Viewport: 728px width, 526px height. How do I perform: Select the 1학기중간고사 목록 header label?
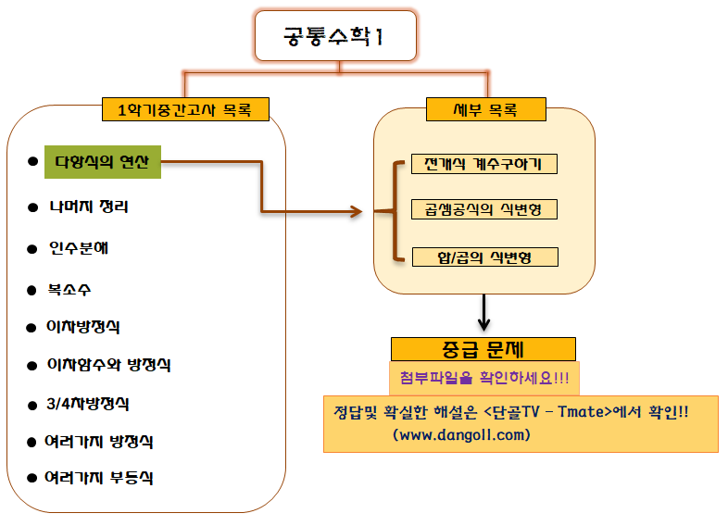coord(186,111)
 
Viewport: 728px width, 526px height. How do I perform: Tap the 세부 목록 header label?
coord(485,110)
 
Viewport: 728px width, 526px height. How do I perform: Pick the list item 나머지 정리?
coord(89,207)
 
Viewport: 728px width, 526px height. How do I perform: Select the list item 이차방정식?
coord(83,327)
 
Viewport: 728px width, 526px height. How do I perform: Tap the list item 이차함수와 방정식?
coord(108,365)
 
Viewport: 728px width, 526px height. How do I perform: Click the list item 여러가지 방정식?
coord(99,442)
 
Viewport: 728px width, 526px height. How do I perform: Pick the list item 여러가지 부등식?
coord(99,479)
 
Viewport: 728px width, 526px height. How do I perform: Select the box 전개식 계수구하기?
coord(483,165)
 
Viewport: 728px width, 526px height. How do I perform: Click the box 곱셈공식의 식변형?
coord(483,209)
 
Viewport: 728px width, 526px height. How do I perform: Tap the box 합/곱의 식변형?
coord(483,256)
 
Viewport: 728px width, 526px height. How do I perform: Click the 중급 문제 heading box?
coord(483,349)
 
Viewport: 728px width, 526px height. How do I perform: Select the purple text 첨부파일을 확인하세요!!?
coord(483,378)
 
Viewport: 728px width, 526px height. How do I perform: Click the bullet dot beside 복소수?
coord(31,289)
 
